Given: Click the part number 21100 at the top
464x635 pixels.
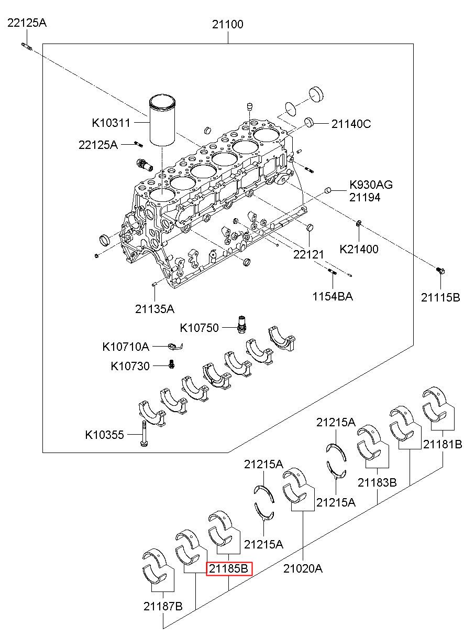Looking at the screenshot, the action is [228, 24].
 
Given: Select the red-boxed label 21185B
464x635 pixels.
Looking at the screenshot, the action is [229, 568].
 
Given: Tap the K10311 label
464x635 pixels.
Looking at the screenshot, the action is [111, 123].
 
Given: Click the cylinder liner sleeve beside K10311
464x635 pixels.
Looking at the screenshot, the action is [162, 121].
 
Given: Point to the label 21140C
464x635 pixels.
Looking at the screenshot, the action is [351, 124].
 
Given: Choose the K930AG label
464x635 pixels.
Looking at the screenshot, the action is [371, 185].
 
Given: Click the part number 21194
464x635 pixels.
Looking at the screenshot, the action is [364, 198].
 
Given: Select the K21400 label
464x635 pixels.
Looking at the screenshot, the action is [359, 250].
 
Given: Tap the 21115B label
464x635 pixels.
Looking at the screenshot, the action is [440, 298].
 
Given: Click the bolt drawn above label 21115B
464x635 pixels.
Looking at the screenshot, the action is [440, 271].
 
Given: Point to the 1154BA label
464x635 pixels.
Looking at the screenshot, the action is [333, 296].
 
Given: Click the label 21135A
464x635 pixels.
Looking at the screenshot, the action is [154, 309].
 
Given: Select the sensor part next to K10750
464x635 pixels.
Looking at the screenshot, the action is [241, 324].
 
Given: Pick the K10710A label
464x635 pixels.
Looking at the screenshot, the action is [126, 347].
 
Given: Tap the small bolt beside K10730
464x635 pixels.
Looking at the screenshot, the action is [171, 364].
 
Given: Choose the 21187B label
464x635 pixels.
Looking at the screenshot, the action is [163, 606].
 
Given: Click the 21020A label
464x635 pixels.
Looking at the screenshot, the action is [303, 568].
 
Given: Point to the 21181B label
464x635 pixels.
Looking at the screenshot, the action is [443, 445].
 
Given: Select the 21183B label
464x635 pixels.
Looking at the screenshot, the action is [377, 482].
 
